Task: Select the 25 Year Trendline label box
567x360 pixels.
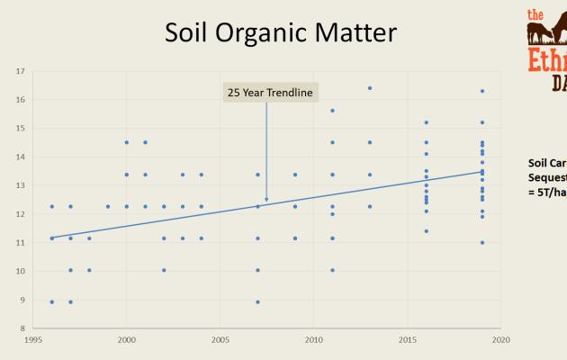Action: (x=266, y=91)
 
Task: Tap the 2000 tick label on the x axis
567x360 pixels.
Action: (x=127, y=339)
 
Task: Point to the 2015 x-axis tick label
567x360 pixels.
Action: (x=407, y=339)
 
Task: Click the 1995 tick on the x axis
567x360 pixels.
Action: (x=33, y=339)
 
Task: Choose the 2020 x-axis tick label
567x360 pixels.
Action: (x=500, y=339)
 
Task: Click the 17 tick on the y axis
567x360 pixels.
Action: (x=21, y=70)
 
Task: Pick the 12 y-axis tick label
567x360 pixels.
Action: (x=21, y=214)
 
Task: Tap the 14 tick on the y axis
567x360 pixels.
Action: (x=21, y=157)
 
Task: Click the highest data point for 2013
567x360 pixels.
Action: (x=370, y=88)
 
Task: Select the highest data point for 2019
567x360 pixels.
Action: (x=482, y=91)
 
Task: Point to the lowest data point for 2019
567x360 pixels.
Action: (x=482, y=242)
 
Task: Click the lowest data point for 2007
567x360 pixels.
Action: (x=257, y=301)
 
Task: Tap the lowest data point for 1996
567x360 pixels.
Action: (x=52, y=301)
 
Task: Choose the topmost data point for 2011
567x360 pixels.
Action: (x=332, y=111)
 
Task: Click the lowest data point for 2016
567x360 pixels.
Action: (x=426, y=231)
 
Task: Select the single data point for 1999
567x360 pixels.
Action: (x=108, y=206)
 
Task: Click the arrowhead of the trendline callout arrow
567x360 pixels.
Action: (x=266, y=199)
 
